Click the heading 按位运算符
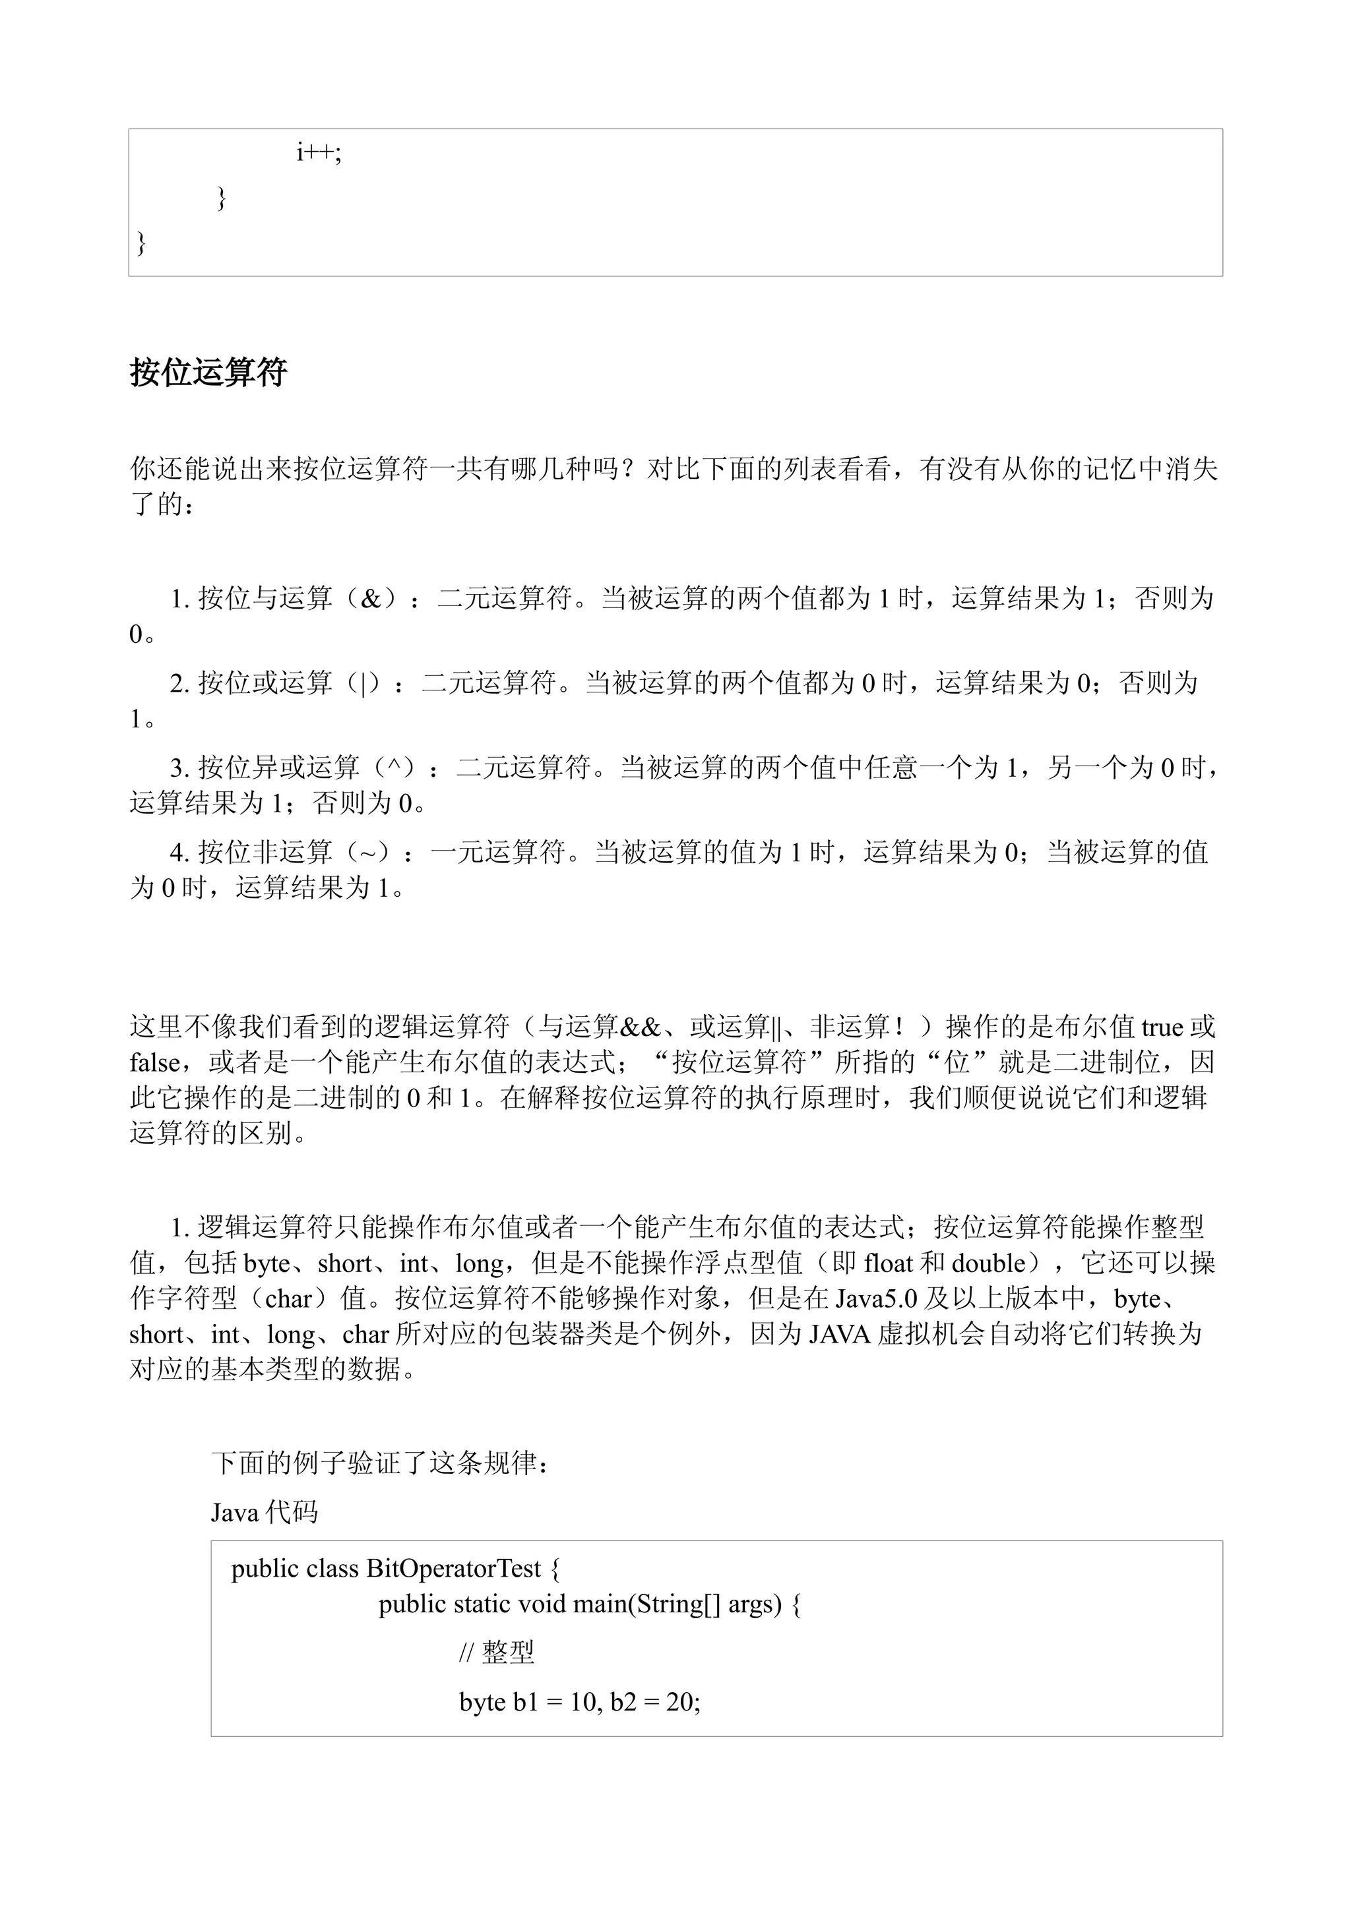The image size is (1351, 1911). (208, 372)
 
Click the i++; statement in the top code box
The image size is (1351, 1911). (319, 152)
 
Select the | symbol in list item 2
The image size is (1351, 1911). (363, 683)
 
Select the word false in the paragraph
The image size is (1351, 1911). (155, 1063)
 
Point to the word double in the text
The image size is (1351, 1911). (989, 1264)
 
